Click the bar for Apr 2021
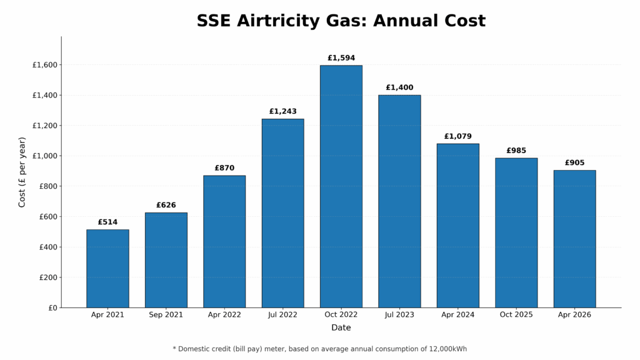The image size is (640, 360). click(107, 269)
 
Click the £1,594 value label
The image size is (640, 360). click(341, 58)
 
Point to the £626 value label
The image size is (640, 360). click(166, 205)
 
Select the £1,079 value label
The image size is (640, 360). click(457, 136)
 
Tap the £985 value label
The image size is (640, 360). click(516, 151)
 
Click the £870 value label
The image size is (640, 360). click(224, 168)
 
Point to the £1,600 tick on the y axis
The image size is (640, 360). click(44, 65)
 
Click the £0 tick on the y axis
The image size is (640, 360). click(52, 307)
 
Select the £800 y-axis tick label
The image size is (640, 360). click(47, 186)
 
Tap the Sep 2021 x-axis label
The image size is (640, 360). click(166, 315)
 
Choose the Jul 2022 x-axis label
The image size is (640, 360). click(282, 315)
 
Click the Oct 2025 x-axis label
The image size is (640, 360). click(516, 315)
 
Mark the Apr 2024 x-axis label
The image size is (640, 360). click(457, 315)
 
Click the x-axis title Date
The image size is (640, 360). click(341, 327)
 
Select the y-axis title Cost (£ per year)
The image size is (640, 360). click(22, 172)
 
